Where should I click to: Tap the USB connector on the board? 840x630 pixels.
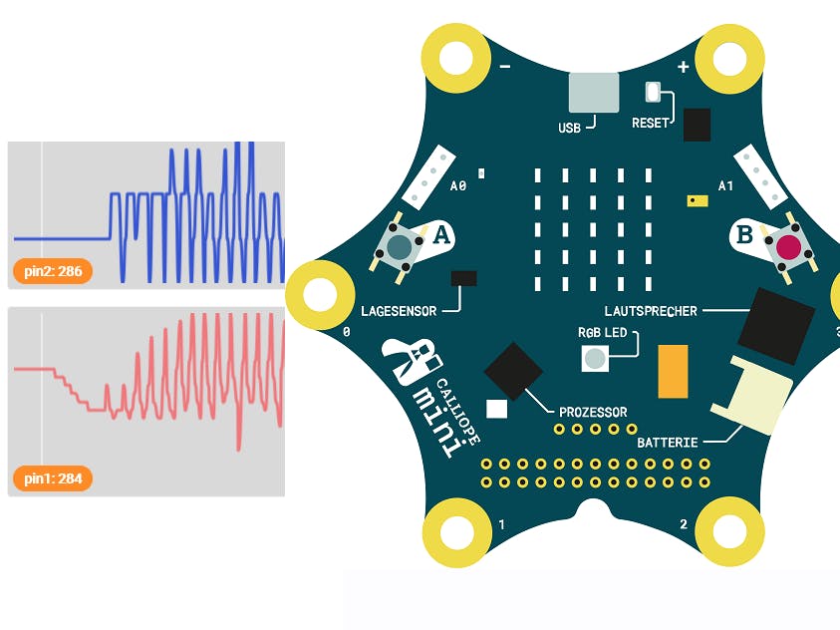tap(593, 92)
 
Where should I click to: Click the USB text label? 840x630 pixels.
tap(569, 128)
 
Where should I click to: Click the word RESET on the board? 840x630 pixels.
tap(651, 124)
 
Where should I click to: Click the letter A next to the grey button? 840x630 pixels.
tap(441, 236)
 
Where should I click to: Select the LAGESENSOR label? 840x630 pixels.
tap(399, 311)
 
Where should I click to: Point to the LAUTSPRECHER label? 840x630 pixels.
tap(651, 311)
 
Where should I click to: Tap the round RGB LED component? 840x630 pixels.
tap(595, 359)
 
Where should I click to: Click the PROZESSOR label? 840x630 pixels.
tap(593, 412)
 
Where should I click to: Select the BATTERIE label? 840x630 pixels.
tap(668, 441)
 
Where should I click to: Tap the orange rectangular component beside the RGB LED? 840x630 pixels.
tap(674, 371)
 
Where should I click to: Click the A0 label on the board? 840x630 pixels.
tap(458, 185)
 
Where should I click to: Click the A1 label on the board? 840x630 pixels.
tap(725, 185)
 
